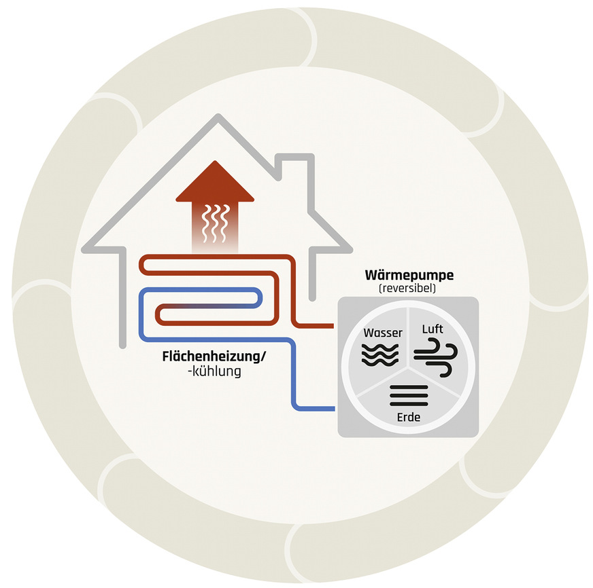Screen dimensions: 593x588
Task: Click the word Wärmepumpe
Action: tap(409, 275)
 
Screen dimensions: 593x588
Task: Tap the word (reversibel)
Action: tap(407, 289)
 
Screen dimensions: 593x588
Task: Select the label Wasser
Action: tap(383, 333)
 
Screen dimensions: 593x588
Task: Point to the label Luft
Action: tap(433, 329)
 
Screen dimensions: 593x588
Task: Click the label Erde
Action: tap(409, 418)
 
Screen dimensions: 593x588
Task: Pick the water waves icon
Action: tap(380, 355)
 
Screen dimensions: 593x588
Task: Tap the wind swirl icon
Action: tap(436, 358)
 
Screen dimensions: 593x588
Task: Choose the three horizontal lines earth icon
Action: tap(409, 395)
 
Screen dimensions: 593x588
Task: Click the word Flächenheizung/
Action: tap(214, 356)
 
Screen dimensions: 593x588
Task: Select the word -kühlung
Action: tap(214, 371)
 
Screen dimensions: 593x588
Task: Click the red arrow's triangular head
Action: tap(215, 181)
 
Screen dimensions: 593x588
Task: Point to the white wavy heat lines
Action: tap(215, 223)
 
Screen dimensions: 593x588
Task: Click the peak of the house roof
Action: tap(218, 116)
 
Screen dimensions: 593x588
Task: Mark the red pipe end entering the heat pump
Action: tap(332, 325)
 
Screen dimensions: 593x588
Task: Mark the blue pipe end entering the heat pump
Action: tap(333, 409)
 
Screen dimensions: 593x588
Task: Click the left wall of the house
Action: tap(122, 297)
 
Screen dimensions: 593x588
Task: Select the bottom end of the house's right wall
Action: tap(312, 298)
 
